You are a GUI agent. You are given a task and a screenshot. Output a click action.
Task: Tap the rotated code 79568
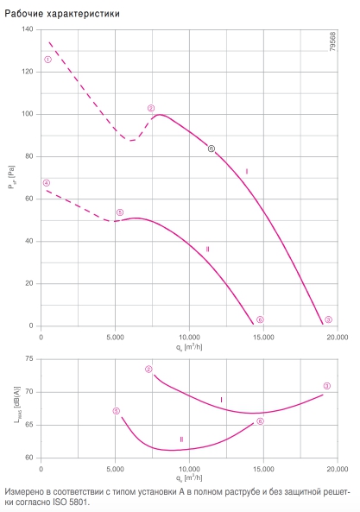click(x=332, y=41)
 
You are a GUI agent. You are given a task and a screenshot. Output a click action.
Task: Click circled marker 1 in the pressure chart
click(x=47, y=60)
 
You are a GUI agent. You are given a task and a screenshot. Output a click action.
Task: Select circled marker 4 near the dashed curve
click(x=47, y=183)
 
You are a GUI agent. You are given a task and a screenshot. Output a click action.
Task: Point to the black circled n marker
click(x=212, y=149)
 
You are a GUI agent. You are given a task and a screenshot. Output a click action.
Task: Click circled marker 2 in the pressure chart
click(x=151, y=108)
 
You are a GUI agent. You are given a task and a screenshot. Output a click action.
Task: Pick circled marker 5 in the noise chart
click(x=117, y=411)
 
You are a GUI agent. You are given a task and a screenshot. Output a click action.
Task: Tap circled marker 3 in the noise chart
click(x=327, y=386)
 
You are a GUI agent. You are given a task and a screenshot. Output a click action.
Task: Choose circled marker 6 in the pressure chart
click(x=260, y=319)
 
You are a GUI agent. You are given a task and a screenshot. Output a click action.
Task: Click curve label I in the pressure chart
click(x=247, y=172)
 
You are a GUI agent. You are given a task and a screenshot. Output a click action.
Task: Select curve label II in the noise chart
click(x=181, y=439)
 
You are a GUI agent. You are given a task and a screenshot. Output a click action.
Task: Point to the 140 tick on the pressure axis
click(x=28, y=29)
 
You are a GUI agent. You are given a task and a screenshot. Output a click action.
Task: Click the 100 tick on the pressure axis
click(x=28, y=114)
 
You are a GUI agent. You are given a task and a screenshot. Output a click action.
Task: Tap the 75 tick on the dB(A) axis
click(x=29, y=359)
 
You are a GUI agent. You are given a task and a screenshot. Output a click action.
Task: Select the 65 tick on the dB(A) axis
click(x=29, y=425)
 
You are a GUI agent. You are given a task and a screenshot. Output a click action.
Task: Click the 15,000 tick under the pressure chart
click(x=263, y=338)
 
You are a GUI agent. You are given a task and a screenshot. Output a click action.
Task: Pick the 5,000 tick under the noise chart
click(x=115, y=469)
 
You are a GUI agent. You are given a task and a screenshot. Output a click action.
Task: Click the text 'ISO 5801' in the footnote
click(x=70, y=502)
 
